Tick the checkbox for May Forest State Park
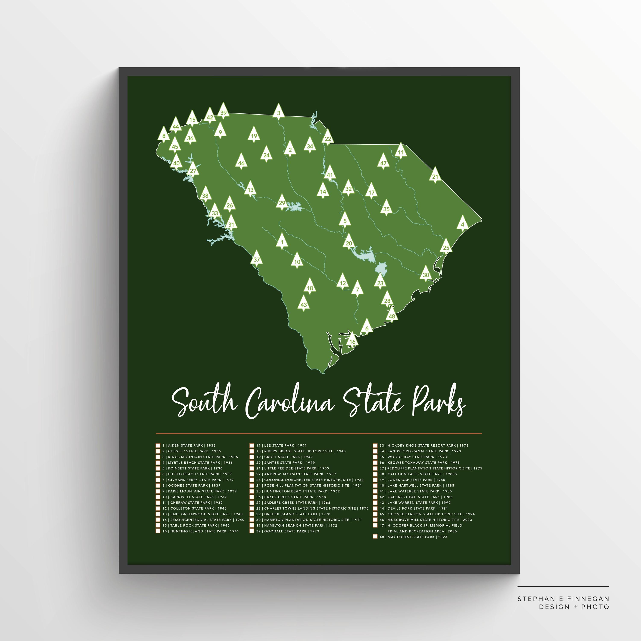point(375,537)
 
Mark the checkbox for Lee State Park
point(252,445)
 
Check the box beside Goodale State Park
point(252,531)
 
